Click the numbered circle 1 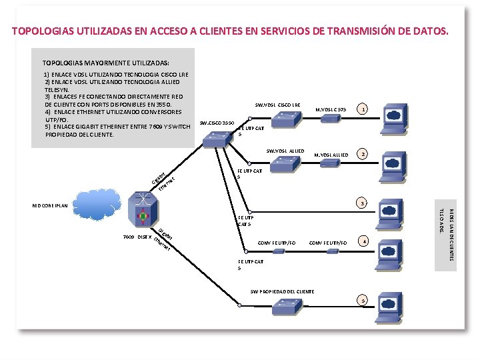(363, 109)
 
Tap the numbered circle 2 (363, 154)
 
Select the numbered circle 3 (363, 202)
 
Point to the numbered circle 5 (363, 301)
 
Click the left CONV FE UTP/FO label (276, 243)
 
